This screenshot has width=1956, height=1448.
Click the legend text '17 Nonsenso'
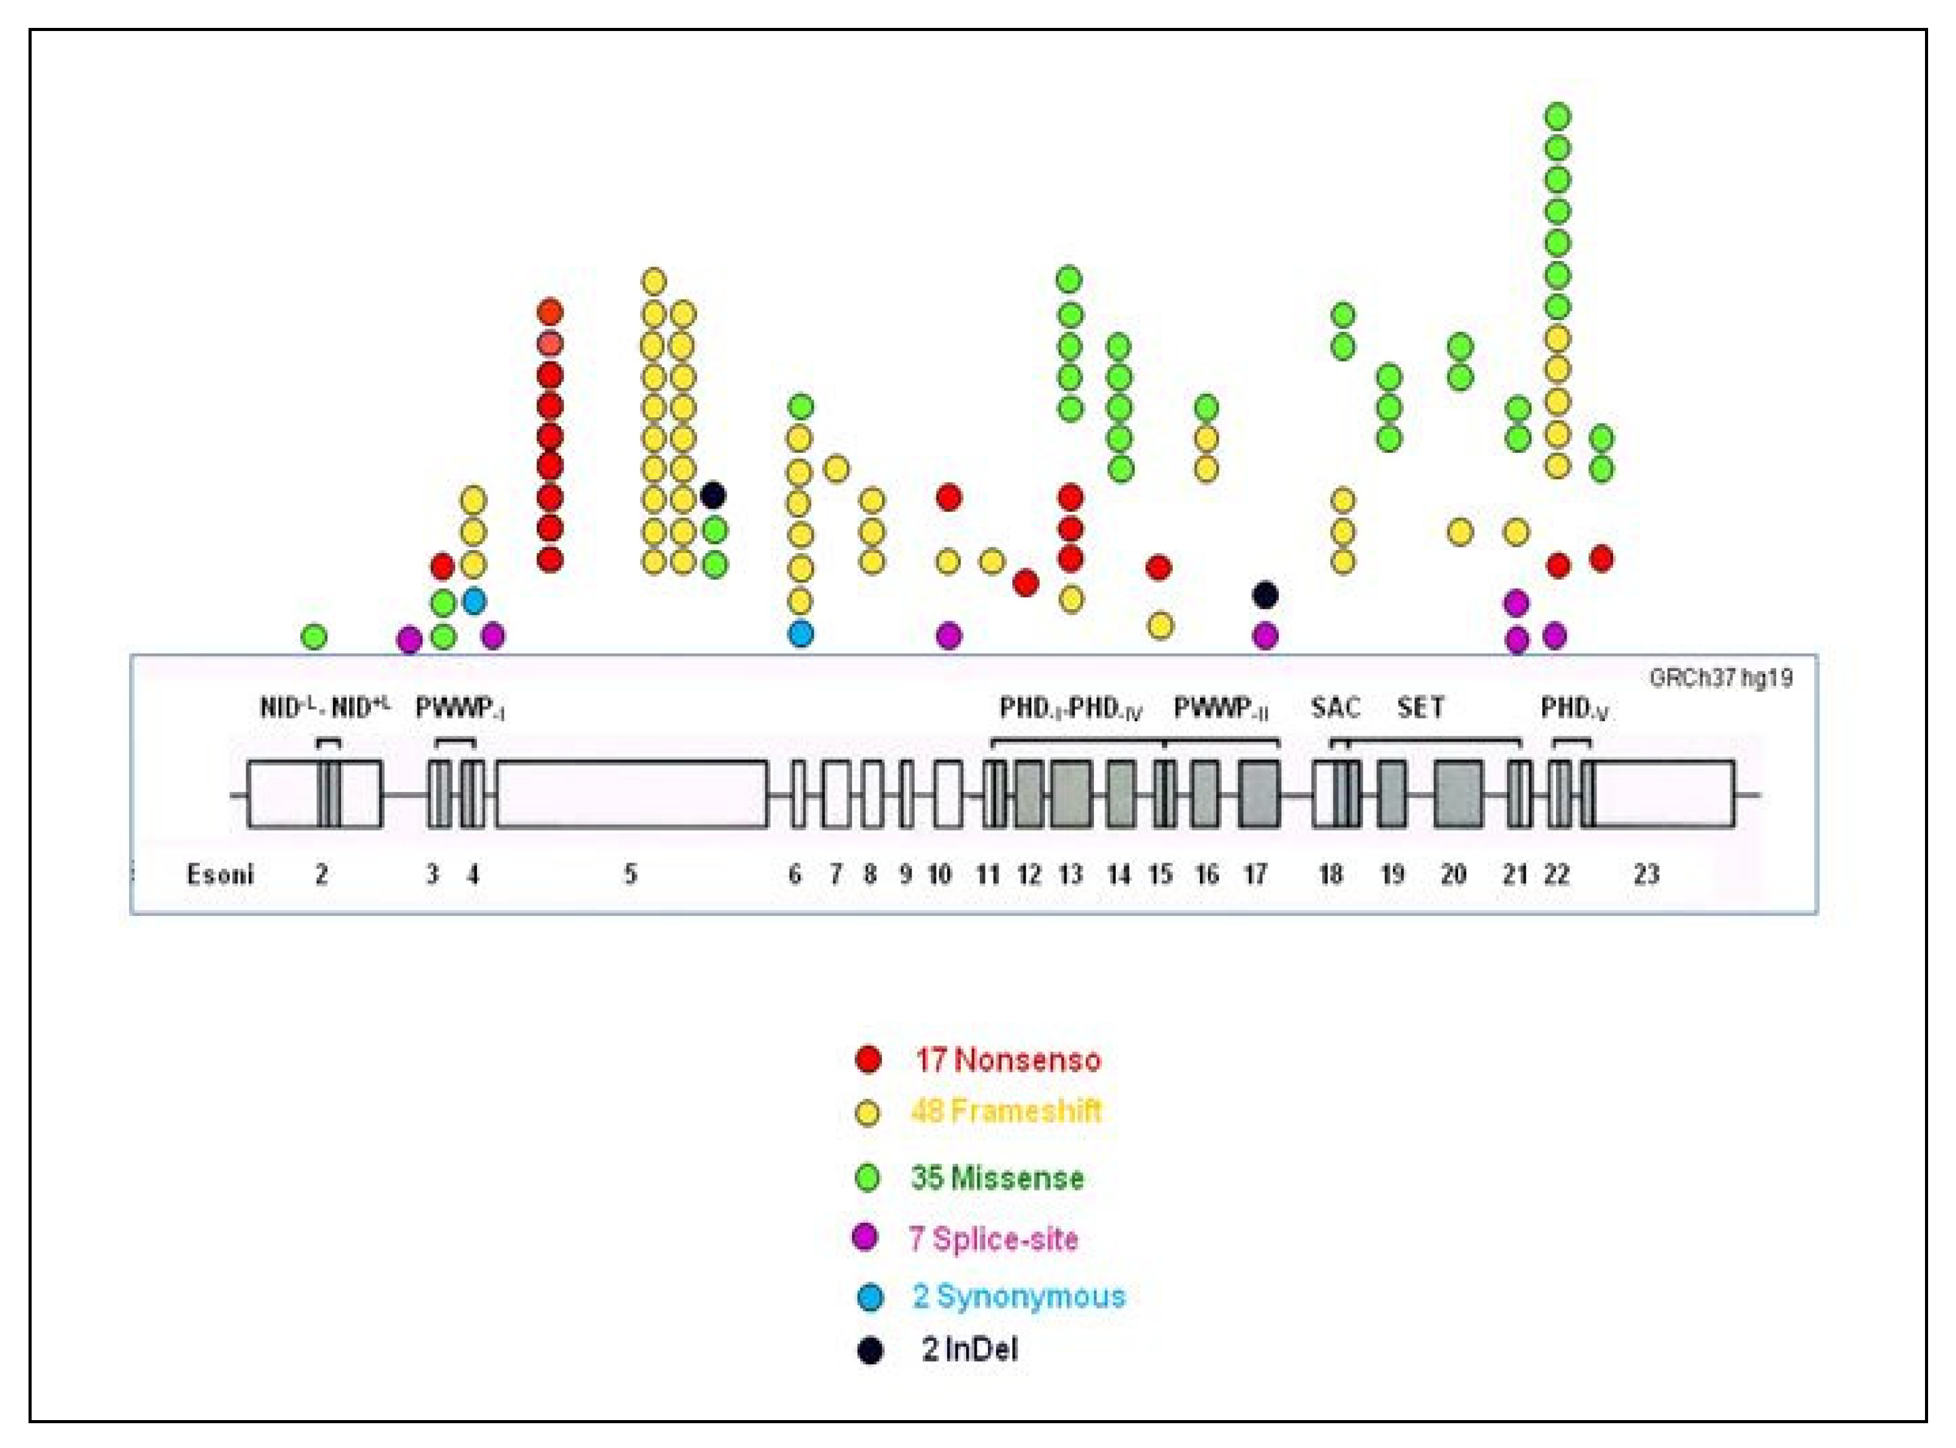pos(1007,1060)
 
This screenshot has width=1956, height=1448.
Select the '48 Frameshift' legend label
pos(1005,1111)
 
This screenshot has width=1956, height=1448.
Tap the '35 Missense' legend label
pos(997,1177)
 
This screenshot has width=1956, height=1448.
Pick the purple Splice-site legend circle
pos(865,1237)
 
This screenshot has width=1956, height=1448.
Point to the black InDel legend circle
pos(869,1351)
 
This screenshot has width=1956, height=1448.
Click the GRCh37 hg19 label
pos(1720,678)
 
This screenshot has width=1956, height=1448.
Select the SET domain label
pos(1420,708)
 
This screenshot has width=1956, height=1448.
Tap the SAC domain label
pos(1335,708)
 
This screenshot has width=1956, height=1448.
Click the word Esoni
pos(220,874)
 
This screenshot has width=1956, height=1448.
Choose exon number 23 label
pos(1646,874)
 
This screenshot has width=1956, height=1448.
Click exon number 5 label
pos(630,874)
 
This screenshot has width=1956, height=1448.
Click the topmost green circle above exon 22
pos(1557,116)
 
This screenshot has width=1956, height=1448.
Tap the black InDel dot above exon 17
pos(1264,595)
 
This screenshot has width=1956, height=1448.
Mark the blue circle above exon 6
pos(800,633)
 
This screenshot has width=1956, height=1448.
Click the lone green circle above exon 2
pos(314,636)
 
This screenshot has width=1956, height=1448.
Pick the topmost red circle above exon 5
pos(549,312)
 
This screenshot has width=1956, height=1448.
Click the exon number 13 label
pos(1070,874)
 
